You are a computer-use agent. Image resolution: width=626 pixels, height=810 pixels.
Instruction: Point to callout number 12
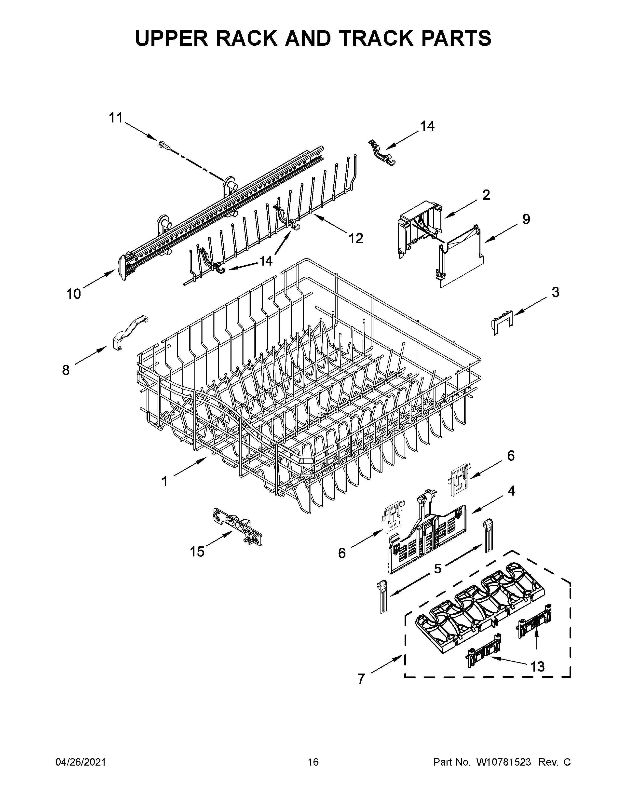(x=356, y=239)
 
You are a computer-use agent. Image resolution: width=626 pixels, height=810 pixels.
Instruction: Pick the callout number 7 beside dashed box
(x=361, y=679)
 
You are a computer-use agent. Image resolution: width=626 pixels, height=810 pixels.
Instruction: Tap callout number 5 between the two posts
(x=438, y=568)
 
